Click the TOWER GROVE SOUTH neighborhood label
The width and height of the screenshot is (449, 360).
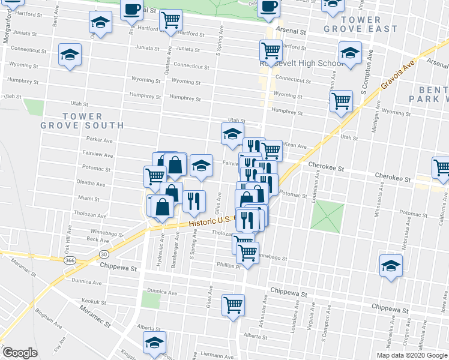pyautogui.click(x=82, y=121)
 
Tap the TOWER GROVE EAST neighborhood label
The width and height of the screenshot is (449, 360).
pyautogui.click(x=360, y=23)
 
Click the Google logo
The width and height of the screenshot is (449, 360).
pyautogui.click(x=20, y=353)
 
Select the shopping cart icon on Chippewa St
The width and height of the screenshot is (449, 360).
pyautogui.click(x=233, y=304)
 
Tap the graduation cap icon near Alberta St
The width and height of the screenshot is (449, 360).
pyautogui.click(x=154, y=342)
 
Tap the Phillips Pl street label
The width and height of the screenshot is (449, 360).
pyautogui.click(x=229, y=266)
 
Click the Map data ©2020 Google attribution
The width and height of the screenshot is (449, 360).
pyautogui.click(x=412, y=355)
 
